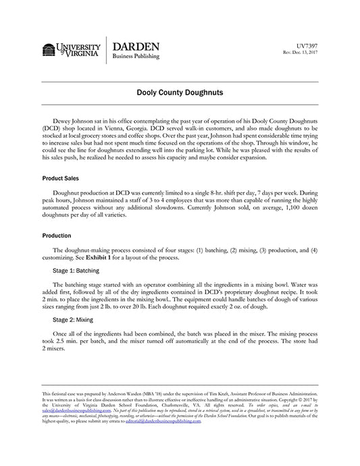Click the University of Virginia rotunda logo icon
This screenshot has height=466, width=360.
coord(49,50)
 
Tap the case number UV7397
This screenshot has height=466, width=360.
coord(307,46)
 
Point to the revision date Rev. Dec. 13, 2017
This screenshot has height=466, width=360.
coord(299,53)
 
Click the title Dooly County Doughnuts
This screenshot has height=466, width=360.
coord(180,90)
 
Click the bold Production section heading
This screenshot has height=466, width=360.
coord(57,236)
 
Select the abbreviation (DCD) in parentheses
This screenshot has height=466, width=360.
coord(51,126)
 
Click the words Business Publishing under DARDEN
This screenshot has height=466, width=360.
coord(136,57)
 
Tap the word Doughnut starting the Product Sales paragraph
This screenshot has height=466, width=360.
coord(68,192)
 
